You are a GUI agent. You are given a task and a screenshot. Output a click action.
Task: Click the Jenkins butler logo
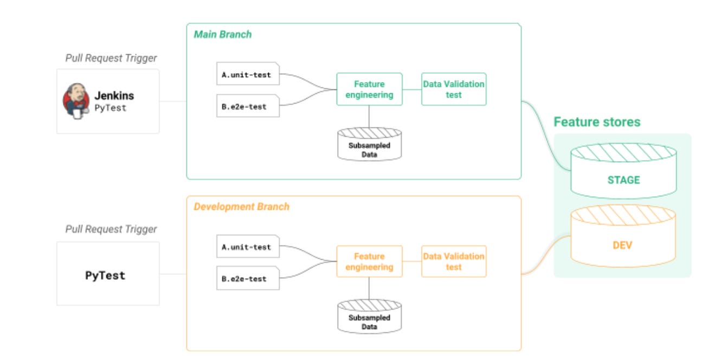point(76,101)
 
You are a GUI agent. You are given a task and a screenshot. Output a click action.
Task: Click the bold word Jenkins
point(114,95)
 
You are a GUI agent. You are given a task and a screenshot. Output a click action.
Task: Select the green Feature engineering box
point(369,89)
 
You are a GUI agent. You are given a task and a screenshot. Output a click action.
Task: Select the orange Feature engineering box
point(369,261)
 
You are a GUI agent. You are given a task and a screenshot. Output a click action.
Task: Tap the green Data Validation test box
point(454,89)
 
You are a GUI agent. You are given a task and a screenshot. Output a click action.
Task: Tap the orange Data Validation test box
point(454,261)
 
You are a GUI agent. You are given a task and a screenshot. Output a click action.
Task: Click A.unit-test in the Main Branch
point(247,75)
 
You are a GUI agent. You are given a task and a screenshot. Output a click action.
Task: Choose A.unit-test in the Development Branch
point(247,247)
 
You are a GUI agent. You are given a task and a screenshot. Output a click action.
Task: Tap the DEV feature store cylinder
point(623,239)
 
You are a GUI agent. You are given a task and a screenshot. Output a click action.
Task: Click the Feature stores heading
point(597,122)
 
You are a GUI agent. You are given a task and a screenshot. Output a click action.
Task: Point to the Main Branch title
point(223,34)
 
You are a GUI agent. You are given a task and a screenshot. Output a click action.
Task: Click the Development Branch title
point(242,207)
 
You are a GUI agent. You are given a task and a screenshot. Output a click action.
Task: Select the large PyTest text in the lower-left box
point(105,275)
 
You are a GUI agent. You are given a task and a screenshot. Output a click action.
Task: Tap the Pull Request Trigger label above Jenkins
point(111,58)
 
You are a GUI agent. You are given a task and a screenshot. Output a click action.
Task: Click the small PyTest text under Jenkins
point(111,108)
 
